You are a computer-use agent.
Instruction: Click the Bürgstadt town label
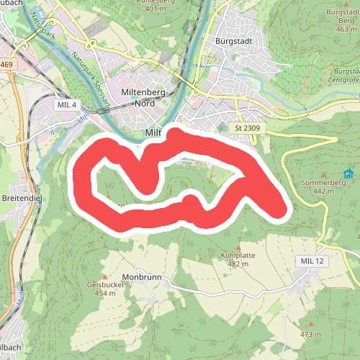click(x=233, y=41)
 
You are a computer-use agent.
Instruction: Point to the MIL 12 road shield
click(x=310, y=260)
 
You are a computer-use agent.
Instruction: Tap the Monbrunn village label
click(x=140, y=277)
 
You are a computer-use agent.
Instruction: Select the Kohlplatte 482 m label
click(x=238, y=259)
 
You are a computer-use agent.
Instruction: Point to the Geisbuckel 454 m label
click(x=105, y=289)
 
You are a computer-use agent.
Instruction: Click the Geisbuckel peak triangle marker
click(x=105, y=276)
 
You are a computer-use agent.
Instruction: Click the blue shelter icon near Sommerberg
click(x=348, y=174)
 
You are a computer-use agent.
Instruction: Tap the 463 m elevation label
click(x=346, y=30)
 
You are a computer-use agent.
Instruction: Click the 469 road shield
click(x=6, y=65)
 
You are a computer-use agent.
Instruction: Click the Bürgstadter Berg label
click(x=343, y=17)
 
